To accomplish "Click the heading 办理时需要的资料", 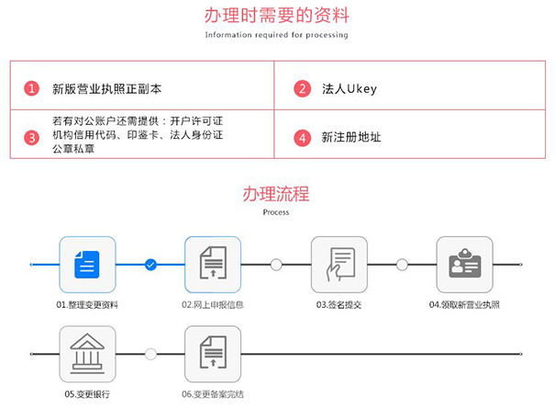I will pos(276,16).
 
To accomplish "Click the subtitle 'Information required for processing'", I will pos(276,35).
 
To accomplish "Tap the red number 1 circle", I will pos(31,89).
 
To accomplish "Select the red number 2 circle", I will pos(302,89).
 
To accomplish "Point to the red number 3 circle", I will pos(31,138).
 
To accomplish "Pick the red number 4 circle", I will pos(302,138).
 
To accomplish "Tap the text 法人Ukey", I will pos(350,89).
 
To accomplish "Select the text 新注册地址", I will pos(351,138).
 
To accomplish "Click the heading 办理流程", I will pos(276,194).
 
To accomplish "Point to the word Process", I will pos(276,212).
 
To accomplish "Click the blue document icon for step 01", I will pos(87,265).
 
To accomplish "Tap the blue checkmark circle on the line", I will pos(150,265).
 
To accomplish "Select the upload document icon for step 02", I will pos(213,265).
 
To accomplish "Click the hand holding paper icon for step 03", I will pos(339,265).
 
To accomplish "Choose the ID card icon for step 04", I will pos(464,265).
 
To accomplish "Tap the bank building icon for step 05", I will pos(87,354).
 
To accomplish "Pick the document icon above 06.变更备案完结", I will pos(213,354).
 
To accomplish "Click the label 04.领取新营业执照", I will pos(464,304).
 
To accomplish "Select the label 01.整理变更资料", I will pos(87,304).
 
